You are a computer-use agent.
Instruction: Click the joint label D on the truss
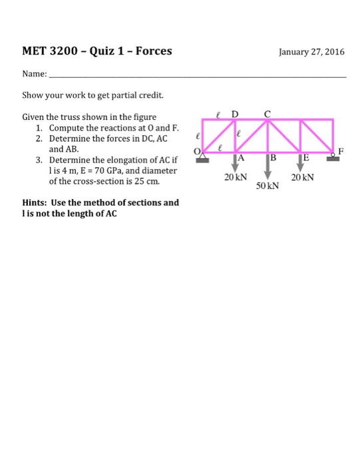click(x=234, y=113)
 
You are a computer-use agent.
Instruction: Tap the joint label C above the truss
click(x=267, y=113)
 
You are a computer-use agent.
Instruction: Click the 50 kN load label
click(x=269, y=187)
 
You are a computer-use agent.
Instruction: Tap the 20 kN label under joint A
click(x=235, y=178)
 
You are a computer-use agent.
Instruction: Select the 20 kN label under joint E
click(x=301, y=178)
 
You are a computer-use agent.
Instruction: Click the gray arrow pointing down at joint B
click(x=267, y=166)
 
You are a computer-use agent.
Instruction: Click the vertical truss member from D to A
click(x=235, y=137)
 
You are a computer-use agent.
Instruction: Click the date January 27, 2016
click(x=309, y=51)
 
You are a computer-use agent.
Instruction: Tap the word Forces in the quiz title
click(x=154, y=51)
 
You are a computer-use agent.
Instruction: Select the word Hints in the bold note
click(x=35, y=202)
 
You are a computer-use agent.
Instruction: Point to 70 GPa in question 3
click(x=116, y=170)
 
